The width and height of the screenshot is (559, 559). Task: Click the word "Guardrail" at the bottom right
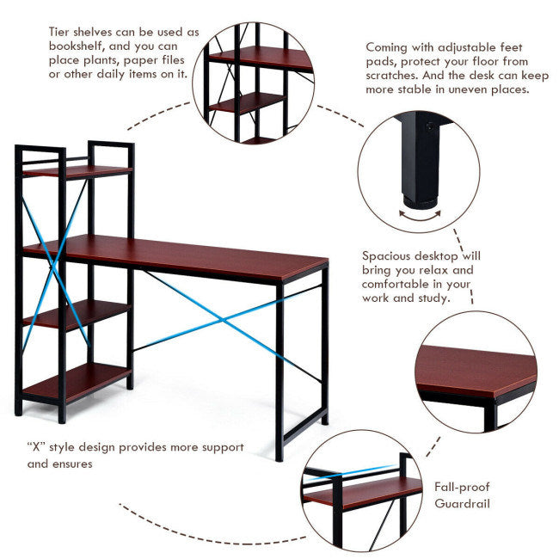coord(463,502)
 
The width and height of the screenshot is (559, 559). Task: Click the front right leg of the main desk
coord(279,370)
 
